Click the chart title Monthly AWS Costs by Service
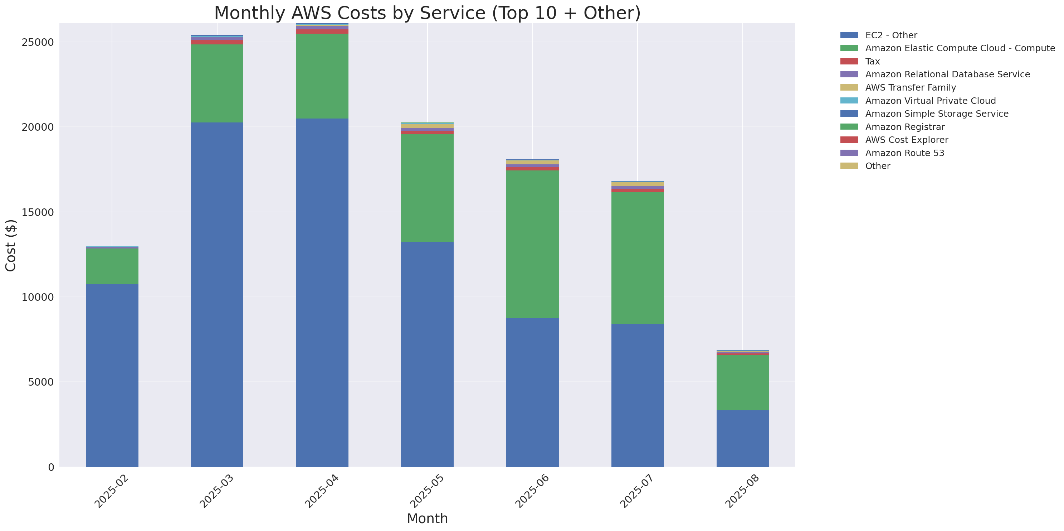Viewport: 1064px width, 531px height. click(427, 13)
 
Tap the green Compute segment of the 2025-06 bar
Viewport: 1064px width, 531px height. click(532, 244)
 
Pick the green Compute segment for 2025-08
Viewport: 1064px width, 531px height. click(742, 382)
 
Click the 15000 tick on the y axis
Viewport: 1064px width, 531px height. click(38, 212)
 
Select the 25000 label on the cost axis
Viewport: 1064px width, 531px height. click(38, 43)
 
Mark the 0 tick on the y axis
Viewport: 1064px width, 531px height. click(51, 467)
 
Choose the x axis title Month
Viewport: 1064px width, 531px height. click(427, 518)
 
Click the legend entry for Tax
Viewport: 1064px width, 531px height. click(872, 62)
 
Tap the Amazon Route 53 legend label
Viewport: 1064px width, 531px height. click(904, 153)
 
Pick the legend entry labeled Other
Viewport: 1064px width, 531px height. click(877, 166)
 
